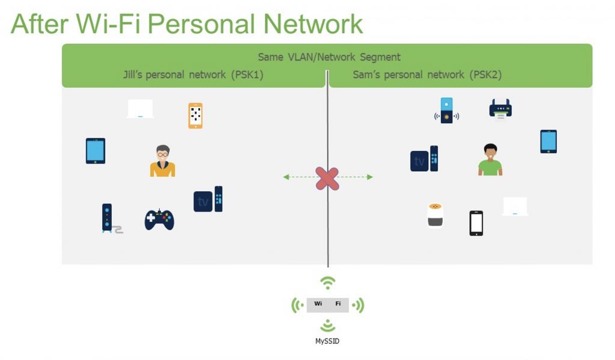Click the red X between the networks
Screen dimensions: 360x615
[327, 178]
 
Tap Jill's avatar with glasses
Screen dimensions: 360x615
[162, 161]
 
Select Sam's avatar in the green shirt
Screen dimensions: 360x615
[490, 160]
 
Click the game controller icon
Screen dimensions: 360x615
[159, 219]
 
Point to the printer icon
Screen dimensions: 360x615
[500, 109]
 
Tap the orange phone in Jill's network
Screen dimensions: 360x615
[195, 115]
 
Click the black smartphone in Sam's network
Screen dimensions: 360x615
[476, 223]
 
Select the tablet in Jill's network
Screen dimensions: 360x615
[95, 151]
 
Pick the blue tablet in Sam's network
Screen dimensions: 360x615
[548, 142]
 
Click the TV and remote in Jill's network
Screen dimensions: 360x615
[208, 200]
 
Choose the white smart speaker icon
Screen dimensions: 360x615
[435, 215]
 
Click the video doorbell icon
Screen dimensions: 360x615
[446, 111]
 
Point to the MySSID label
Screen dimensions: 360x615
[327, 341]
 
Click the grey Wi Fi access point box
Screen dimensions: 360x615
[327, 305]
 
